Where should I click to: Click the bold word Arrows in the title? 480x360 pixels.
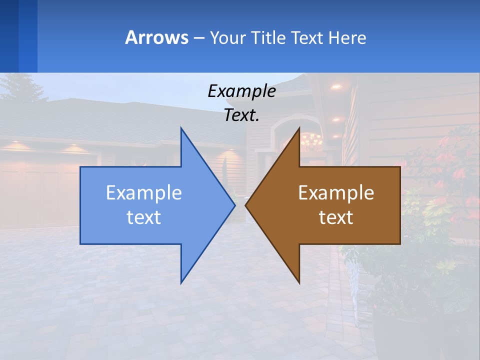pos(156,37)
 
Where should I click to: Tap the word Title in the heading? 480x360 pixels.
pos(268,37)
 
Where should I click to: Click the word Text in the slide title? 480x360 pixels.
pos(308,37)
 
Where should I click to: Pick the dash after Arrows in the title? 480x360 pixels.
pos(198,38)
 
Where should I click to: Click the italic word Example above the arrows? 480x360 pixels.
pos(241,91)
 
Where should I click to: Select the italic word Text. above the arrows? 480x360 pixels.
pos(241,115)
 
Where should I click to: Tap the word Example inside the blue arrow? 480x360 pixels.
pos(144,193)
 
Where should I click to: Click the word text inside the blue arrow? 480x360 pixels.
pos(144,217)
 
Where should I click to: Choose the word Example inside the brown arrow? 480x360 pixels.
pos(336,193)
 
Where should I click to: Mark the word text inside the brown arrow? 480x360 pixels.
pos(336,217)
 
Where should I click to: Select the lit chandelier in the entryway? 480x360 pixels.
pos(311,141)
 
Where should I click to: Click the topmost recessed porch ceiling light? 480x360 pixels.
pos(336,86)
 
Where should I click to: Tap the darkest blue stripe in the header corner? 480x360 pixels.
pos(9,36)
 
